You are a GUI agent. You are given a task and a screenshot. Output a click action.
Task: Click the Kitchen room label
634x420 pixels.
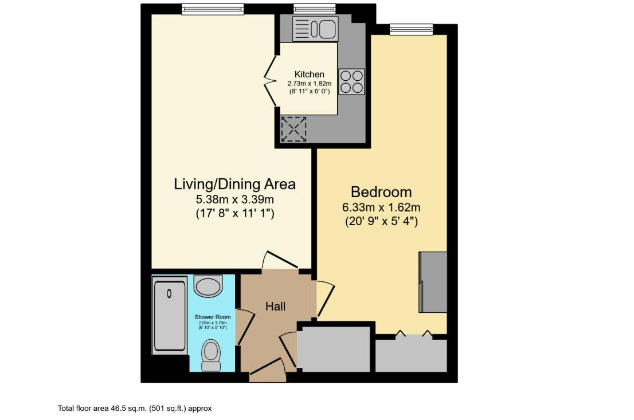click(309, 74)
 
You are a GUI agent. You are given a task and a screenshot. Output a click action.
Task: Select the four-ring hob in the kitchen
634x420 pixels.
click(351, 81)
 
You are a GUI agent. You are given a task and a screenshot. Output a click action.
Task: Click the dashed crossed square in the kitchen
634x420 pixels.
click(293, 129)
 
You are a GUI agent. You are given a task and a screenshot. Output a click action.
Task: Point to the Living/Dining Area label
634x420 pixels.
click(234, 184)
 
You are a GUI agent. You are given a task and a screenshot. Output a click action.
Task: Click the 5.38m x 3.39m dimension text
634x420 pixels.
click(234, 199)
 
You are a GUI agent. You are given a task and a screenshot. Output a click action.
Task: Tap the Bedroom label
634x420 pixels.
click(381, 192)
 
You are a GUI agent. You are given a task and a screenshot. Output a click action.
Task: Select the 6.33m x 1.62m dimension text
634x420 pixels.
click(381, 207)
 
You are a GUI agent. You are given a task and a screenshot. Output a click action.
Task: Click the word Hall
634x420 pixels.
click(275, 307)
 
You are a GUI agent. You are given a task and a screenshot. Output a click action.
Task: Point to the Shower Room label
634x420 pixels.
click(212, 317)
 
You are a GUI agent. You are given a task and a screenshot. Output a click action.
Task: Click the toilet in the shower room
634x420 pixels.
click(211, 355)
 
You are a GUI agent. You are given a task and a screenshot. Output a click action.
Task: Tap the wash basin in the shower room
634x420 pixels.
click(208, 284)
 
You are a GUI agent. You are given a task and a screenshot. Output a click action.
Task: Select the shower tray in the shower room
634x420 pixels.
click(169, 315)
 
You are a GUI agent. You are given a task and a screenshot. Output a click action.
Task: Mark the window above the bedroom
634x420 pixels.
click(411, 29)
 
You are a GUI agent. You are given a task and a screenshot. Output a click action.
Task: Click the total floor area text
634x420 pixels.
click(135, 409)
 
